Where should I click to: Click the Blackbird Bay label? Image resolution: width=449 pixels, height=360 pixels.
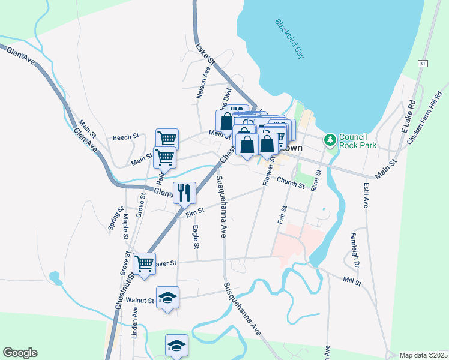point(290,40)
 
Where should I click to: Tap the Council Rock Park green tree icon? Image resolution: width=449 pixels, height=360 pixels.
point(330,140)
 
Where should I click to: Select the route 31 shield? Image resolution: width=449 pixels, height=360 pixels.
point(424,64)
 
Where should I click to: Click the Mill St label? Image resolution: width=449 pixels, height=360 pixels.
point(352,281)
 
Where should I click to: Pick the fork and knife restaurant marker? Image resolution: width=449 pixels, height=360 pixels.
point(184,193)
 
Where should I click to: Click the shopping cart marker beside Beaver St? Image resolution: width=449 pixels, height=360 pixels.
point(144,263)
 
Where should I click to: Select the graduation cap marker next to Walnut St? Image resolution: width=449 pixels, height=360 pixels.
point(168,297)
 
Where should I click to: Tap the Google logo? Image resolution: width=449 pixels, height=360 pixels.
point(20,353)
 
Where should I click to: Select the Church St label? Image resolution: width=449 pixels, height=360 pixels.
point(291,182)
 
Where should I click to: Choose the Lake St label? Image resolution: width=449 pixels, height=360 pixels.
point(205,53)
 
